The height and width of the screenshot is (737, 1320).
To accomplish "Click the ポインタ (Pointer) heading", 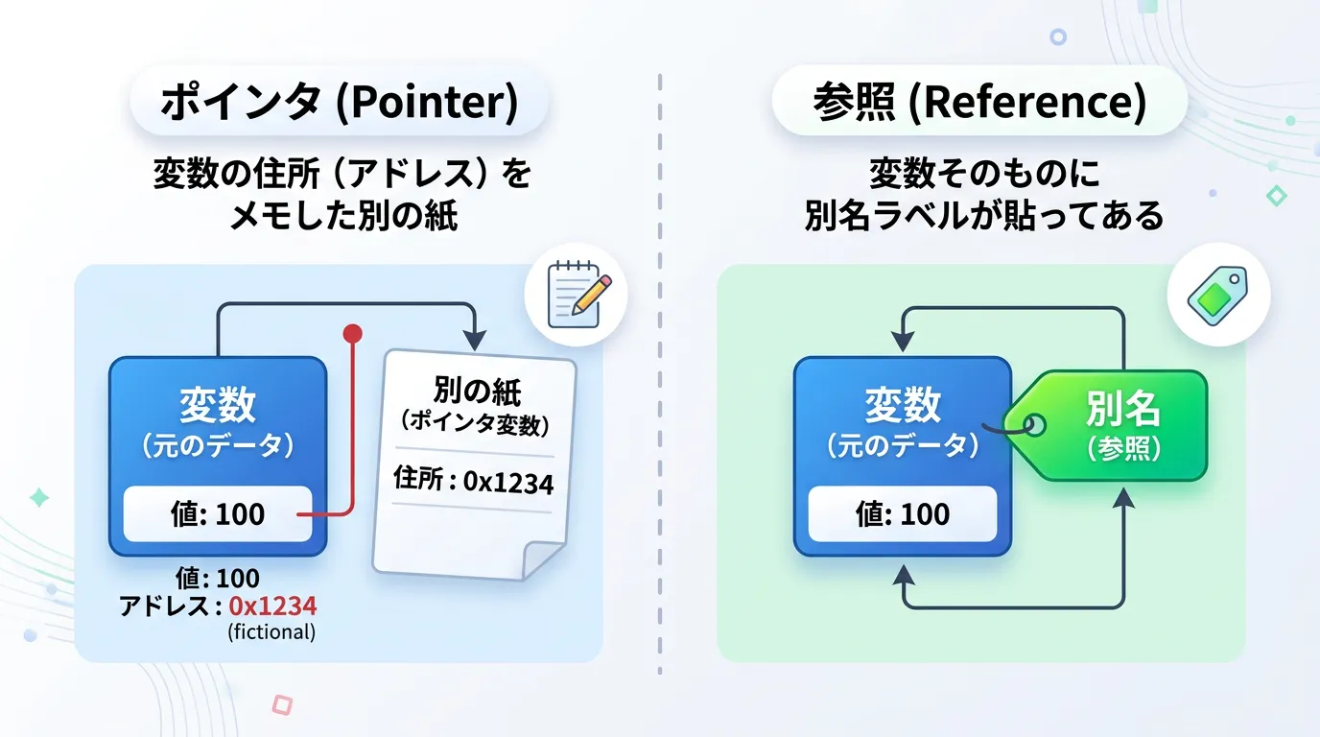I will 339,102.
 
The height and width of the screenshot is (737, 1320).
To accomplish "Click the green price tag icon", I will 1217,294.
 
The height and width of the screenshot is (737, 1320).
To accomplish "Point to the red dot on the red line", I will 353,334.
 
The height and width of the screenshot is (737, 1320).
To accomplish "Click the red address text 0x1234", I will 272,606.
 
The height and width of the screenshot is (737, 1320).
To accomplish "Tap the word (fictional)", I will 271,632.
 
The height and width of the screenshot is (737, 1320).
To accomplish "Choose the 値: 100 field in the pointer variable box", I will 218,514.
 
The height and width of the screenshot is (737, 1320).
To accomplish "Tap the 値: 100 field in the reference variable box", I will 903,514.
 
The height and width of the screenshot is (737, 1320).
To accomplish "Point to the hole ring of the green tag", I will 1035,424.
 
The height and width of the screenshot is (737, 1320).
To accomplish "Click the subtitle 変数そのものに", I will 983,175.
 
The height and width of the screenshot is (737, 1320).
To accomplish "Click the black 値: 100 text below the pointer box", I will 218,579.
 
